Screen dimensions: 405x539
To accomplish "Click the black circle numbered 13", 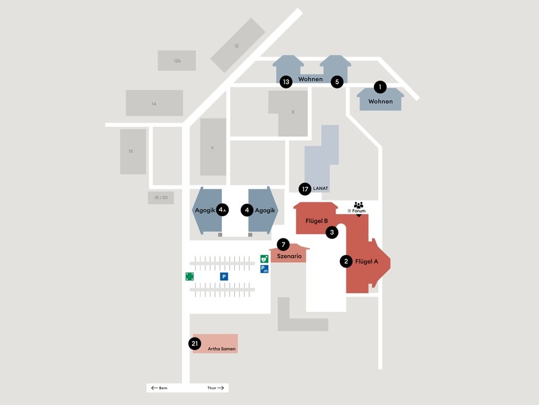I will tap(286, 81).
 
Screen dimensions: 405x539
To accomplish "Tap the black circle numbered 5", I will tap(337, 81).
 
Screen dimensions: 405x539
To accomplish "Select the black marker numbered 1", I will tap(379, 87).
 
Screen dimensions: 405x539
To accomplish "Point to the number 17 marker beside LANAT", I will tap(305, 189).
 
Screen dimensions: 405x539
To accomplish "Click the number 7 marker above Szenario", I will tap(283, 244).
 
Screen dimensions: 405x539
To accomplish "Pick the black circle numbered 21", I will tap(194, 343).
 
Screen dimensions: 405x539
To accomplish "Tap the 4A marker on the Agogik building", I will tap(222, 210).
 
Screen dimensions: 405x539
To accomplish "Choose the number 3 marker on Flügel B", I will tap(332, 232).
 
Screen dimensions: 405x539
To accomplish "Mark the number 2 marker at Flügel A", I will tap(346, 261).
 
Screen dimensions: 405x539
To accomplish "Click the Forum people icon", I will tap(358, 205).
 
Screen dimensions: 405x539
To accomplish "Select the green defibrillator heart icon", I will tap(264, 259).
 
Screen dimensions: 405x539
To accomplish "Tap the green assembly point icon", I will tap(190, 276).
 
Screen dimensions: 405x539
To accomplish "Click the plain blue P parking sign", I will tap(224, 277).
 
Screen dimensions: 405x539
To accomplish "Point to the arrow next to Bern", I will tap(154, 388).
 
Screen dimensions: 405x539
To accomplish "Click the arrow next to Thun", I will tap(221, 388).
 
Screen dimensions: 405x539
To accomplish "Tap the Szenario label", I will tap(290, 256).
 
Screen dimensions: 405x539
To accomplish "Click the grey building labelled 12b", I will tap(177, 60).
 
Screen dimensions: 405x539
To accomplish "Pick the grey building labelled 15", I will tap(133, 151).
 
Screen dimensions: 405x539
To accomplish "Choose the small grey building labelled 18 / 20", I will tap(161, 197).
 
